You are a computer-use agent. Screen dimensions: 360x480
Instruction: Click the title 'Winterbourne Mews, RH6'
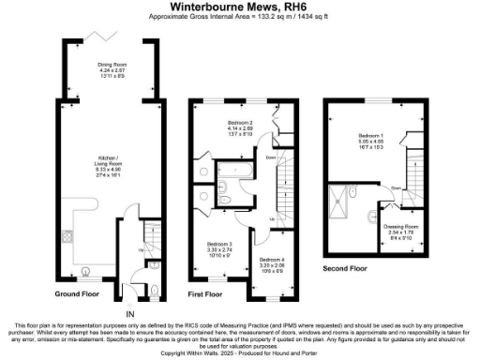pos(240,7)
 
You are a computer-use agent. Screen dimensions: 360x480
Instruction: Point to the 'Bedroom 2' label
pos(241,123)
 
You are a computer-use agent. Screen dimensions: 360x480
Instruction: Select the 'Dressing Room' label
pos(399,226)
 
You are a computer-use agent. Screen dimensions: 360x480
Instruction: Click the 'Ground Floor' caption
pos(76,293)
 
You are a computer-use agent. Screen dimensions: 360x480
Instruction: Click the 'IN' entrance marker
pos(131,312)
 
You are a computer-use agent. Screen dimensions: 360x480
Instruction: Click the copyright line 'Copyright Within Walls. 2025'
pos(240,353)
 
